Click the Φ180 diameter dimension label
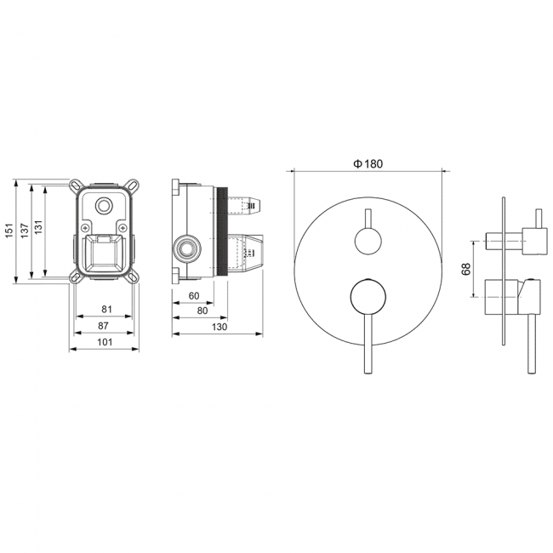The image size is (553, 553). tap(368, 163)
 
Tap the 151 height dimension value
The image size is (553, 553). tap(9, 231)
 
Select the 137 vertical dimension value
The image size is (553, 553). tap(25, 231)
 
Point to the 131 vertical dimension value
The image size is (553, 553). tap(38, 227)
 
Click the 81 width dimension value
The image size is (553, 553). tap(106, 309)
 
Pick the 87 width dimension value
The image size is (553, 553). tap(103, 326)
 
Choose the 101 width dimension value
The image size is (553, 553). tap(105, 342)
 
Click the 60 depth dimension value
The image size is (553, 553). tap(194, 295)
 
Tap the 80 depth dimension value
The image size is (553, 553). tap(202, 311)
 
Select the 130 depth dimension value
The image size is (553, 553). tap(219, 327)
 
